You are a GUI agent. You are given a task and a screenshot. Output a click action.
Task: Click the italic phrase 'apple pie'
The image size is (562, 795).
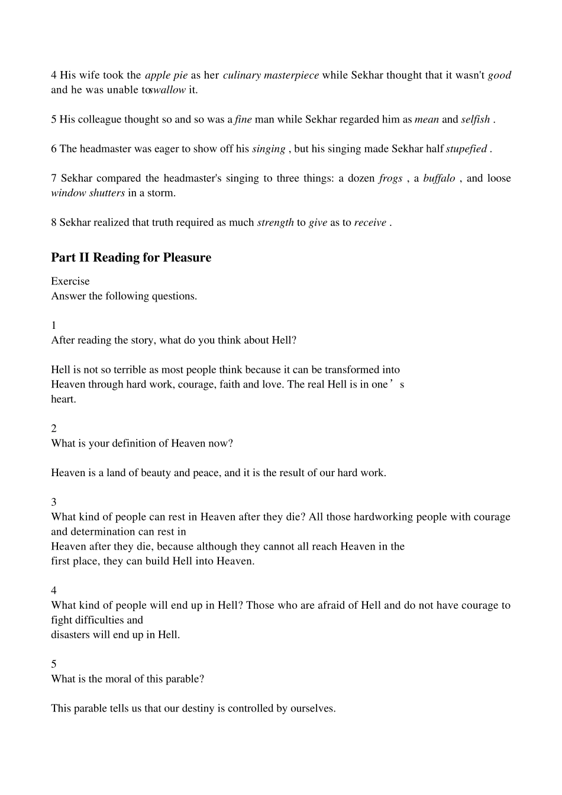(x=166, y=75)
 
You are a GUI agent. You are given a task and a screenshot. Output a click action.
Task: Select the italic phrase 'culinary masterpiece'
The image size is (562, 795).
(x=271, y=75)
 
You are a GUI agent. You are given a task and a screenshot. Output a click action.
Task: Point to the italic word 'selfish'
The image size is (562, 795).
(x=476, y=119)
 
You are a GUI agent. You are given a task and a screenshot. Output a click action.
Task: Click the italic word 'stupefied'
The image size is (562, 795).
(x=466, y=149)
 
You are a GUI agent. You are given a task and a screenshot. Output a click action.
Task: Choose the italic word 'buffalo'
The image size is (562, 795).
(x=439, y=178)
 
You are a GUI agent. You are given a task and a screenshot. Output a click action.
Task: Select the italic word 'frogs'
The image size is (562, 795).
(x=390, y=178)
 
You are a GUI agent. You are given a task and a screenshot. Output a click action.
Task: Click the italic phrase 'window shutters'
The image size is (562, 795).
(x=88, y=193)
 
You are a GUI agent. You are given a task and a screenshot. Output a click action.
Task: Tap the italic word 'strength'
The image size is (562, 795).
(x=275, y=222)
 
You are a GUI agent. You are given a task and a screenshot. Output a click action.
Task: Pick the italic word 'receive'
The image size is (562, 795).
(x=370, y=222)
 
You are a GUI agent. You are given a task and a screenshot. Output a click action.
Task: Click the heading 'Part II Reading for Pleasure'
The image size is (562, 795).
(x=131, y=257)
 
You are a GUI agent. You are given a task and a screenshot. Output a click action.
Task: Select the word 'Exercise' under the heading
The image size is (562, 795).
(x=70, y=282)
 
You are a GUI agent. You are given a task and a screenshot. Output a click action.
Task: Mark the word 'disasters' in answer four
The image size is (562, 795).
(x=71, y=635)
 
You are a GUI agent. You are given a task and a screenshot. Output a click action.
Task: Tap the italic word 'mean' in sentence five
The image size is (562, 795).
(x=427, y=119)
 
